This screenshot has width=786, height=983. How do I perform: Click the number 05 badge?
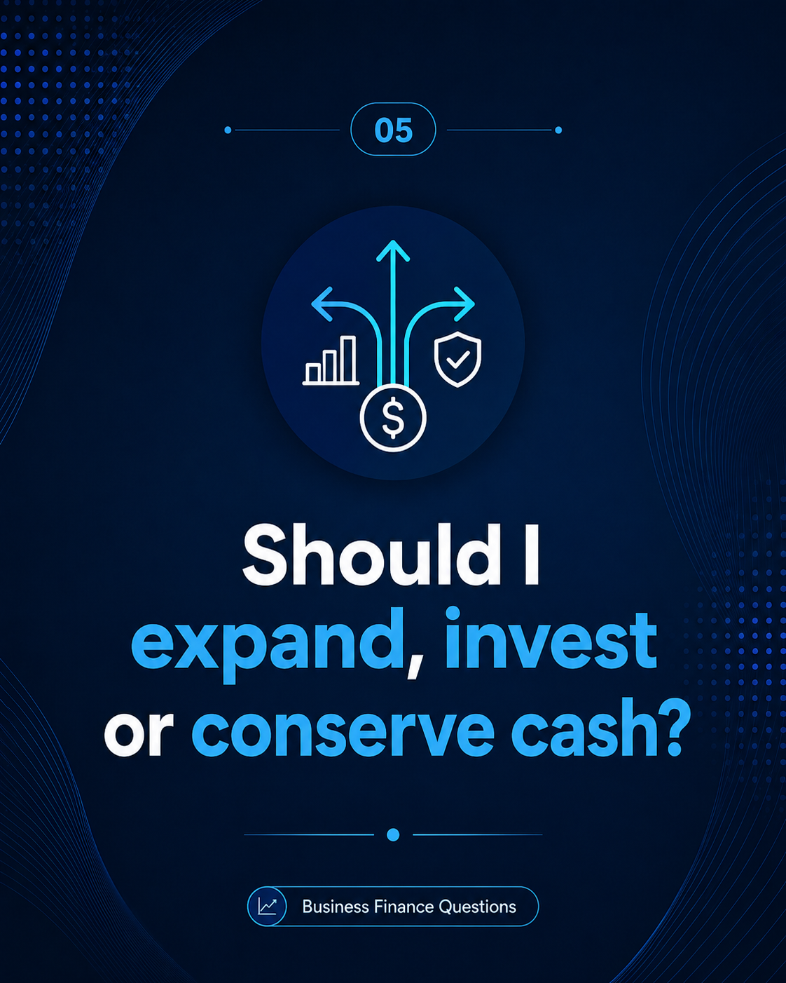(x=393, y=130)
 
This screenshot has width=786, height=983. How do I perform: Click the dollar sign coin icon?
(x=393, y=418)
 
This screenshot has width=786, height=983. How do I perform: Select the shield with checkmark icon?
(x=458, y=359)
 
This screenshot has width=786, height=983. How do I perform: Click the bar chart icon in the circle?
(x=331, y=360)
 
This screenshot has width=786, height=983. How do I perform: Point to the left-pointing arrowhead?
(x=322, y=304)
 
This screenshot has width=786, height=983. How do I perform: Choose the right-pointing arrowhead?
(x=464, y=304)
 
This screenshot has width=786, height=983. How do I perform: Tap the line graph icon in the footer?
(x=267, y=907)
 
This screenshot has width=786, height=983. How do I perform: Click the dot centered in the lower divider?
(x=393, y=834)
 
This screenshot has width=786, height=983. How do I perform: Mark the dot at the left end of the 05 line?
(x=228, y=130)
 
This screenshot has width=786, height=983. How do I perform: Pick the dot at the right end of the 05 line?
(x=558, y=130)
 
